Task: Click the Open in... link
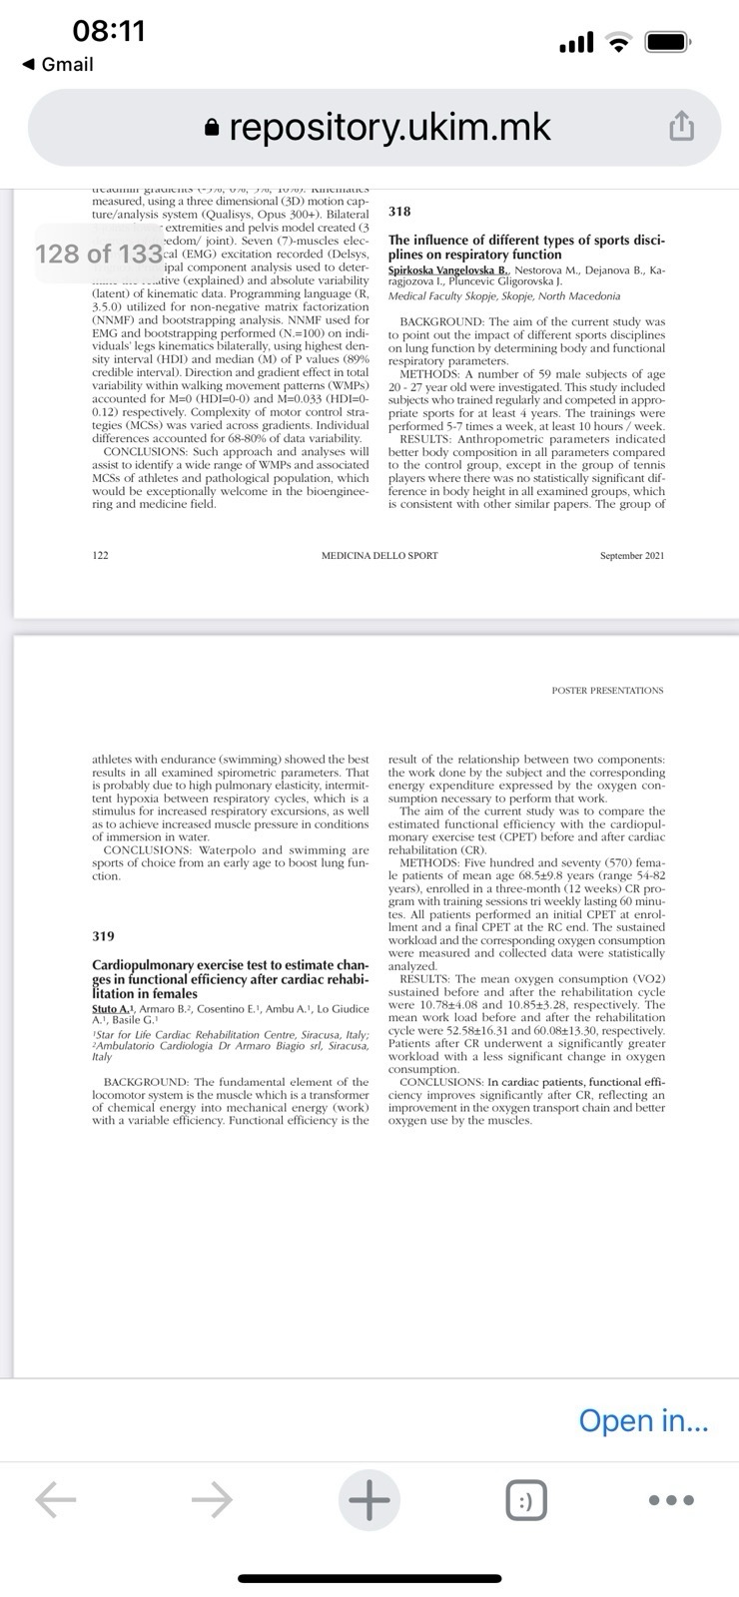pos(643,1420)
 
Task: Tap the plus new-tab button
pos(369,1498)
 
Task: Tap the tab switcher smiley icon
pos(525,1499)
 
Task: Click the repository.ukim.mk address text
pos(389,128)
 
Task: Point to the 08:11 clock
pos(109,31)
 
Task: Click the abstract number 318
pos(399,212)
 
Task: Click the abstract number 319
pos(103,936)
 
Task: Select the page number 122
pos(100,555)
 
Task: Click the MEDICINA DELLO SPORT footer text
pos(379,555)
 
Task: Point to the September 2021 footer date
pos(631,555)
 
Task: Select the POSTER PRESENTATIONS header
pos(607,690)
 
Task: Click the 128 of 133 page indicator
pos(98,255)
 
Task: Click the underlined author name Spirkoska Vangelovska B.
pos(448,270)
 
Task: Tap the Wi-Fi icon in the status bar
pos(621,43)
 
